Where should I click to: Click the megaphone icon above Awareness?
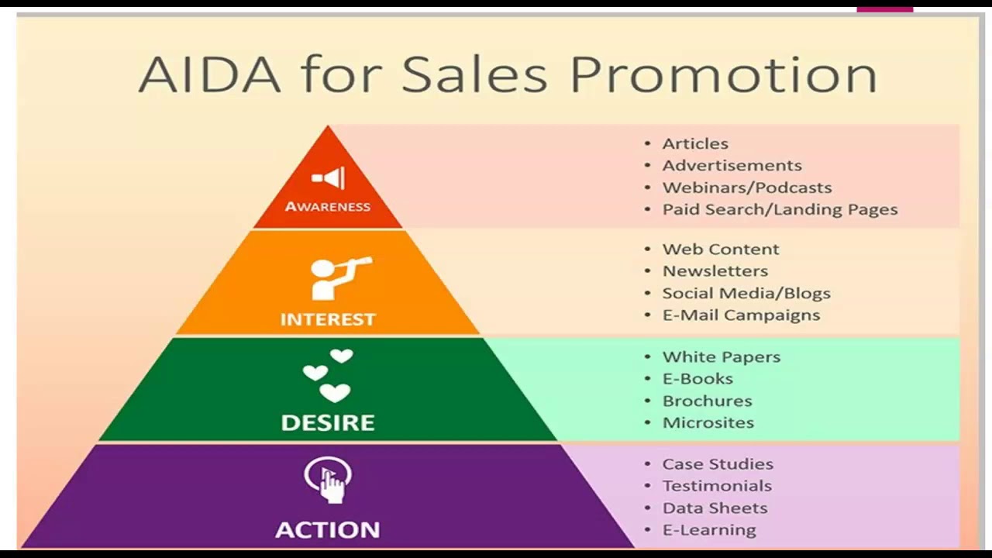pyautogui.click(x=328, y=178)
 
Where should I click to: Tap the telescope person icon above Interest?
pyautogui.click(x=341, y=277)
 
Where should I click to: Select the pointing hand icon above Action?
pyautogui.click(x=328, y=480)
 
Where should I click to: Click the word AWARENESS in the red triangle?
pyautogui.click(x=328, y=206)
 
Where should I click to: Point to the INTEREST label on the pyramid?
pyautogui.click(x=328, y=319)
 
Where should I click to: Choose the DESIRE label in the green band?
pyautogui.click(x=328, y=422)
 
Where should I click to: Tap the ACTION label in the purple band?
pyautogui.click(x=328, y=529)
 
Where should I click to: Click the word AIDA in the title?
pyautogui.click(x=209, y=75)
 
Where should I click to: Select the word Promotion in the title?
pyautogui.click(x=724, y=75)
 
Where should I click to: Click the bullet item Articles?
pyautogui.click(x=695, y=144)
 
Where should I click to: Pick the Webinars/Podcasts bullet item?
pyautogui.click(x=747, y=188)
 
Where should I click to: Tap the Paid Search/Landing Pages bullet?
pyautogui.click(x=780, y=210)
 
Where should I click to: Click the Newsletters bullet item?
pyautogui.click(x=715, y=271)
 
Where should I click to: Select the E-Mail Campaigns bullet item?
pyautogui.click(x=742, y=315)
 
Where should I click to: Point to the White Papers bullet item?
pyautogui.click(x=722, y=357)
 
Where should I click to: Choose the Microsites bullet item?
pyautogui.click(x=708, y=423)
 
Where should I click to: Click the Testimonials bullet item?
pyautogui.click(x=717, y=486)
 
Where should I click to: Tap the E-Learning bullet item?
pyautogui.click(x=709, y=530)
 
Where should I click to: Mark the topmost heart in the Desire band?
pyautogui.click(x=342, y=356)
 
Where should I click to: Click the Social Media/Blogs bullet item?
pyautogui.click(x=746, y=293)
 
